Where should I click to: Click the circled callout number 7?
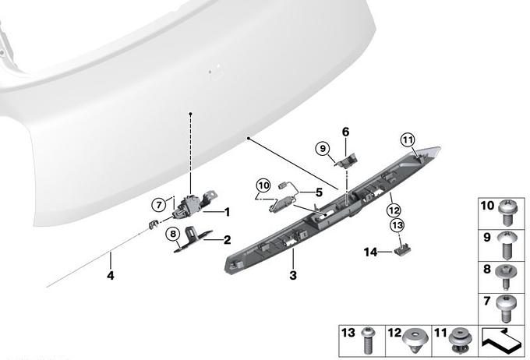159,204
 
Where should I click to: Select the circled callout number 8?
173,234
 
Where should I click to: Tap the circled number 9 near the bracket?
323,148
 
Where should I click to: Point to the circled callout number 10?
263,185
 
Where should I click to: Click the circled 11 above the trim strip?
408,140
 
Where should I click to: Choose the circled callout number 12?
394,210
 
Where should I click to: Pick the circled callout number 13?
397,225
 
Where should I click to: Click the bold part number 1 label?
228,212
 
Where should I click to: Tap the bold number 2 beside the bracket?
228,240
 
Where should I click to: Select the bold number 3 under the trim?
293,275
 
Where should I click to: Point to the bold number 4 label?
111,276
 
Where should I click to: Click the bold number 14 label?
370,252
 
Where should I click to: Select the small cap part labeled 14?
402,250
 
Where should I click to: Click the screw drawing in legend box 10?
506,213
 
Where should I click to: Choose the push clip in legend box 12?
415,341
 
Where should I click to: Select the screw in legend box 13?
367,341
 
